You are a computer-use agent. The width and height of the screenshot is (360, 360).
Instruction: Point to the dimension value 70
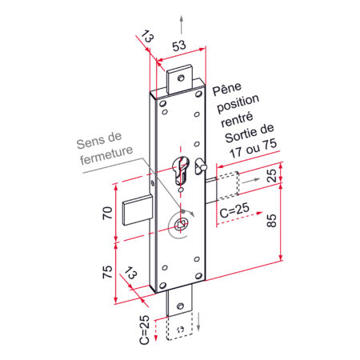coord(106,214)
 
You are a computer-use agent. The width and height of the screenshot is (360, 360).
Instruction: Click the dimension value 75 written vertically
coord(106,271)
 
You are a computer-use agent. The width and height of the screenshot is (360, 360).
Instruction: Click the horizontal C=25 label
coord(234,210)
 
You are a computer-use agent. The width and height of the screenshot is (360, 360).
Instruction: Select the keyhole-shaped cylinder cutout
coord(182,172)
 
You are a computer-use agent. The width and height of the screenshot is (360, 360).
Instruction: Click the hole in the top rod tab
coord(180,78)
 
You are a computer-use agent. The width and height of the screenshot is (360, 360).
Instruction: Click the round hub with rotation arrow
coord(183,223)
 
